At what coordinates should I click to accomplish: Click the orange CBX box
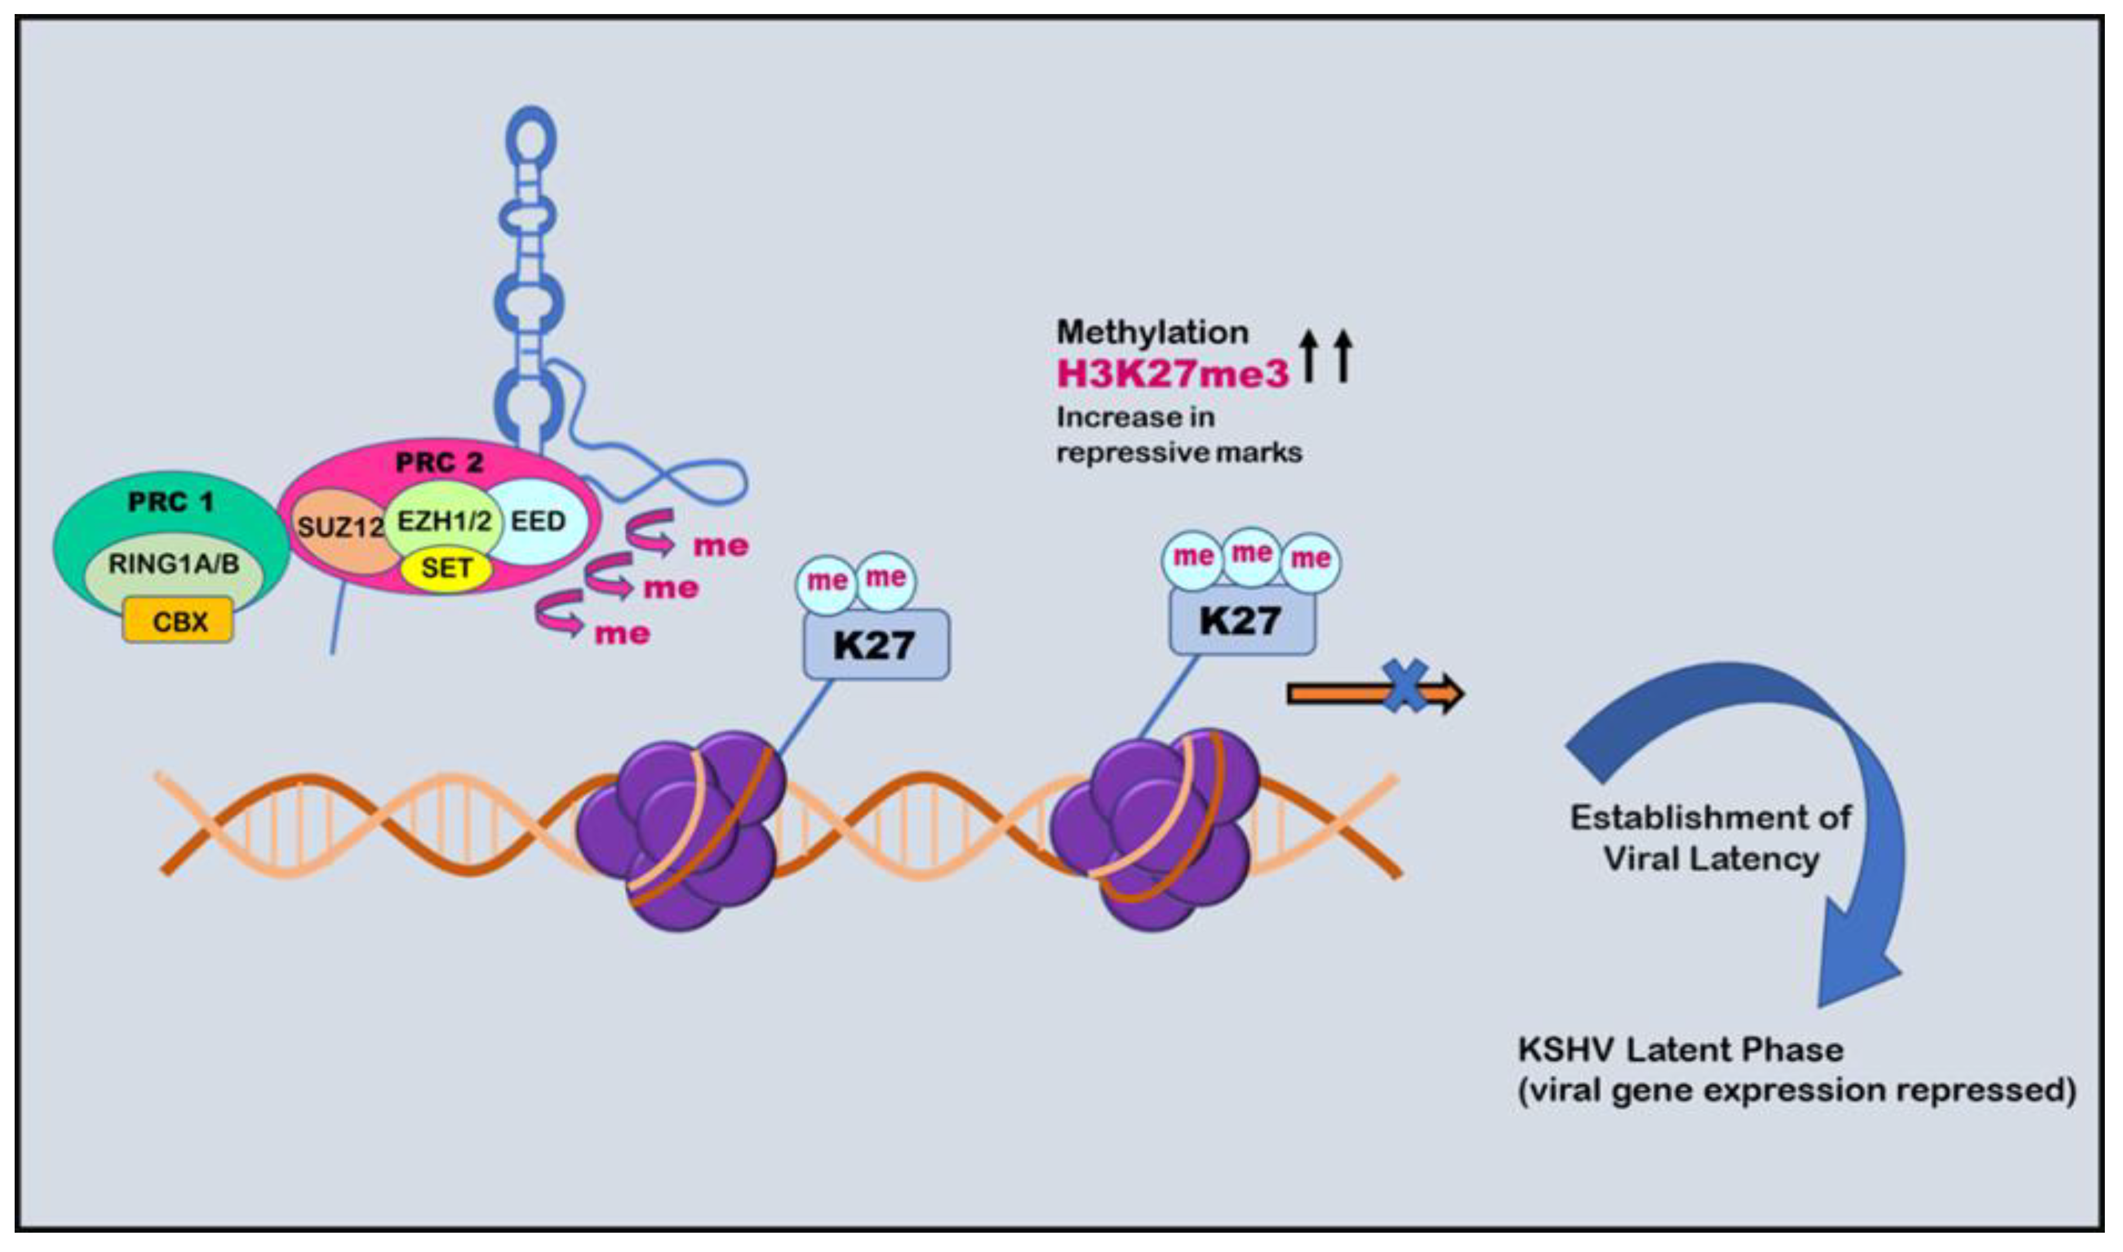[x=178, y=621]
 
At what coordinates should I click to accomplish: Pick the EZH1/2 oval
[x=444, y=520]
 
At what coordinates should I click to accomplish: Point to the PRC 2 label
[x=440, y=462]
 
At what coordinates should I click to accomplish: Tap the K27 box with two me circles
[x=876, y=644]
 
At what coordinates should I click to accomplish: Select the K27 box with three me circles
[x=1241, y=621]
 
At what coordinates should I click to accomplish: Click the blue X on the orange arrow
[x=1404, y=685]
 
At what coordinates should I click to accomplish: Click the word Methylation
[x=1152, y=332]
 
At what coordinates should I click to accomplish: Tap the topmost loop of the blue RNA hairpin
[x=530, y=133]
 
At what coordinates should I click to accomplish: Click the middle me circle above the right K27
[x=1251, y=554]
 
